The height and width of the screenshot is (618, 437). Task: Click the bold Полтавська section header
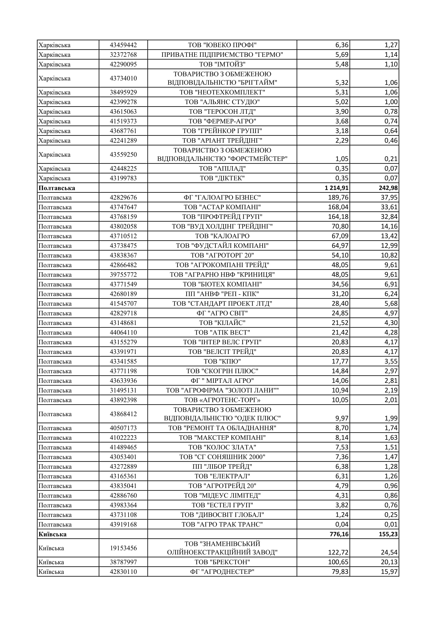pos(57,188)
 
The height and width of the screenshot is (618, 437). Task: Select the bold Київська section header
pos(53,534)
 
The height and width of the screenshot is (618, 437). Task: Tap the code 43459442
pos(123,45)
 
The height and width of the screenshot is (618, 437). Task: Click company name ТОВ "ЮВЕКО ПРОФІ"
pos(222,45)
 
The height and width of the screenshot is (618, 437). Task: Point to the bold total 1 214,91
pos(336,188)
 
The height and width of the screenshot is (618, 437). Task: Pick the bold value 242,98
pos(388,188)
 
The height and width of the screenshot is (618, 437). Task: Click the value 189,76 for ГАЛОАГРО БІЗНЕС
pos(338,198)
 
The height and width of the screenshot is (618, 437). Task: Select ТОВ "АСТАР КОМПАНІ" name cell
pos(222,207)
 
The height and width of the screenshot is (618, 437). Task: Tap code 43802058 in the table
pos(123,226)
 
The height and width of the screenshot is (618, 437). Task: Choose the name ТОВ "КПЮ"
pos(222,361)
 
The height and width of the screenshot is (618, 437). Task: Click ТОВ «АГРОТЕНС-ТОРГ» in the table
pos(222,400)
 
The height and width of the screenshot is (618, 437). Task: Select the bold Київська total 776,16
pos(339,534)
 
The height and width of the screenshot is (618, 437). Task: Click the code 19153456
pos(123,548)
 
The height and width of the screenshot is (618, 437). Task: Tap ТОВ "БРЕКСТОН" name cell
pos(222,562)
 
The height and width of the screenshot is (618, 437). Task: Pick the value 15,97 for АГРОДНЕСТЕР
pos(389,572)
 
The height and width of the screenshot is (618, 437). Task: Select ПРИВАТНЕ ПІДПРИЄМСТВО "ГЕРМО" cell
pos(222,55)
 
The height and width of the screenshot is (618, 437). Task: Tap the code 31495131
pos(123,390)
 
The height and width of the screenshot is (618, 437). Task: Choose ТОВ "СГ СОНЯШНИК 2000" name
pos(222,457)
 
